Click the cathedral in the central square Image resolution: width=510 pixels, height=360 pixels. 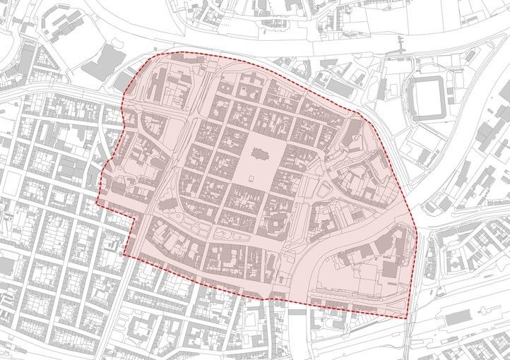257,153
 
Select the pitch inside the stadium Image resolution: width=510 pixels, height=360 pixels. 425,97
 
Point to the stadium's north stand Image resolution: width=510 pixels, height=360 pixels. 425,80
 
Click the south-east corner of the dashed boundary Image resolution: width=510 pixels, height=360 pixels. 408,319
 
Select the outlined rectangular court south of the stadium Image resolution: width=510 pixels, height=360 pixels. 422,156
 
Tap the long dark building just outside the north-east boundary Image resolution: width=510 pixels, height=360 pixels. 340,87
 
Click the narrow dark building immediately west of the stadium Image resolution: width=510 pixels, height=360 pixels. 381,89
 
